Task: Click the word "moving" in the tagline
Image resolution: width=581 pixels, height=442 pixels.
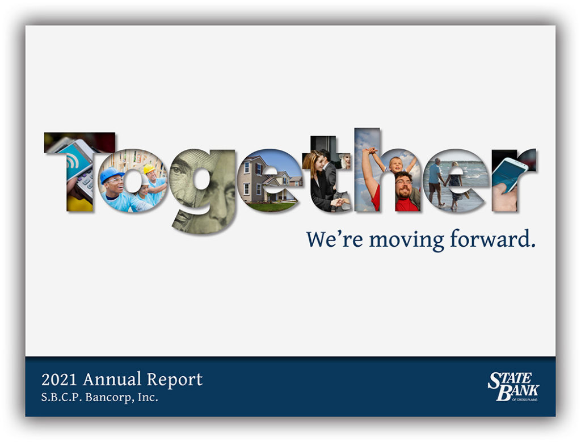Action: tap(406, 241)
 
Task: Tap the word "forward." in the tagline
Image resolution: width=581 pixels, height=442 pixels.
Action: tap(493, 239)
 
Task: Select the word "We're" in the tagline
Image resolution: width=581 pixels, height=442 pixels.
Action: tap(335, 239)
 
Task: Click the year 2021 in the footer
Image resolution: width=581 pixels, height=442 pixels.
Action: tap(59, 380)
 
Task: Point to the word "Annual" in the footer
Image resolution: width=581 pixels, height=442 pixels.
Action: tap(112, 380)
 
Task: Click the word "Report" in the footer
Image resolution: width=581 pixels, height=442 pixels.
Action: tap(175, 380)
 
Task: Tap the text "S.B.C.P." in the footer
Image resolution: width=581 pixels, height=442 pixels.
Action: tap(61, 398)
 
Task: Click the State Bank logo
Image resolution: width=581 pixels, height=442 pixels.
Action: tap(513, 386)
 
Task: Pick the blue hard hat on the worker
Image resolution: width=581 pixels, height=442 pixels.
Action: tap(111, 174)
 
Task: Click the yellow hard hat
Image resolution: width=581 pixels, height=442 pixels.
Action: tap(149, 169)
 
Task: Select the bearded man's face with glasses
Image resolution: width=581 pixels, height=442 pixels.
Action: tap(403, 184)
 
